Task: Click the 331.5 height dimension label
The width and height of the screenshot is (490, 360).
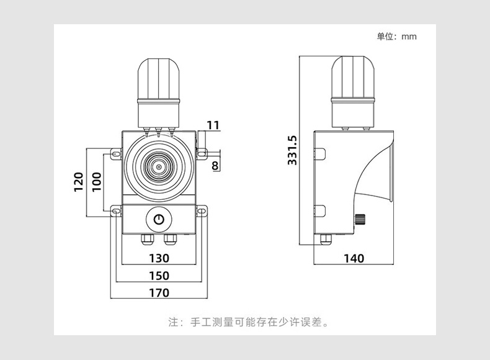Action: pyautogui.click(x=293, y=150)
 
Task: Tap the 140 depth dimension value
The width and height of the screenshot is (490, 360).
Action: pyautogui.click(x=354, y=258)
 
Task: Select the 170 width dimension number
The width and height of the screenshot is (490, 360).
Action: pyautogui.click(x=159, y=292)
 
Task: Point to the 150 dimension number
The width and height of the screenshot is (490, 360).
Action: pyautogui.click(x=159, y=276)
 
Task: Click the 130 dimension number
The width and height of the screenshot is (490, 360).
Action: pyautogui.click(x=159, y=258)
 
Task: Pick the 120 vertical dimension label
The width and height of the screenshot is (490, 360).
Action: pyautogui.click(x=79, y=182)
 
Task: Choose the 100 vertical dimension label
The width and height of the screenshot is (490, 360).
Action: pyautogui.click(x=96, y=182)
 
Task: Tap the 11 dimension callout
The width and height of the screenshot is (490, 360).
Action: pyautogui.click(x=213, y=125)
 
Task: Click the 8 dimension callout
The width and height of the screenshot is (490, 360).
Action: pyautogui.click(x=215, y=165)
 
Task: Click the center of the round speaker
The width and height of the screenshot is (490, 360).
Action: pyautogui.click(x=159, y=167)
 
